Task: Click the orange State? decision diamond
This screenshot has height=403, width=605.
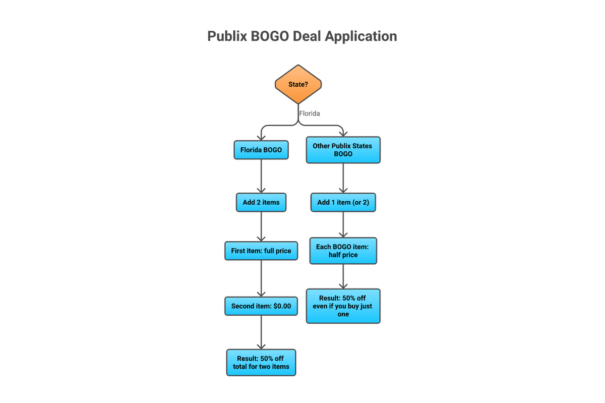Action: coord(298,84)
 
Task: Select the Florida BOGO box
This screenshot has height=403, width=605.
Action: coord(261,150)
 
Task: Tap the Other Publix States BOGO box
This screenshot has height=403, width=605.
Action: coord(343,150)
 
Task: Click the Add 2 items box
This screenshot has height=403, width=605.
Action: coord(261,202)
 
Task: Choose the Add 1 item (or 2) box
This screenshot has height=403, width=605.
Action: coord(343,202)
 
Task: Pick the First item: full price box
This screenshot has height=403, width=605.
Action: coord(261,250)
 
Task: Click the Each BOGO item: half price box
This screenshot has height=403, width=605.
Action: coord(343,251)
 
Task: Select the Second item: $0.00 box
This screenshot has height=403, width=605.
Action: coord(261,306)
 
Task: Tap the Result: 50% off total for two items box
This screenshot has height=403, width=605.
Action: coord(261,362)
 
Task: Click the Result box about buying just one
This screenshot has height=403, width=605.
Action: coord(343,306)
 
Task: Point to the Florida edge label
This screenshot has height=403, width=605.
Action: coord(310,113)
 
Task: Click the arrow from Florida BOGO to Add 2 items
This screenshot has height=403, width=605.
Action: coord(261,176)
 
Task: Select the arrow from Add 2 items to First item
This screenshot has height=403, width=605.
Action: coord(261,226)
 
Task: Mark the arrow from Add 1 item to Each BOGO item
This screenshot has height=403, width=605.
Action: coord(343,224)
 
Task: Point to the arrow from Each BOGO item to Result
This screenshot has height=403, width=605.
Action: coord(343,276)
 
